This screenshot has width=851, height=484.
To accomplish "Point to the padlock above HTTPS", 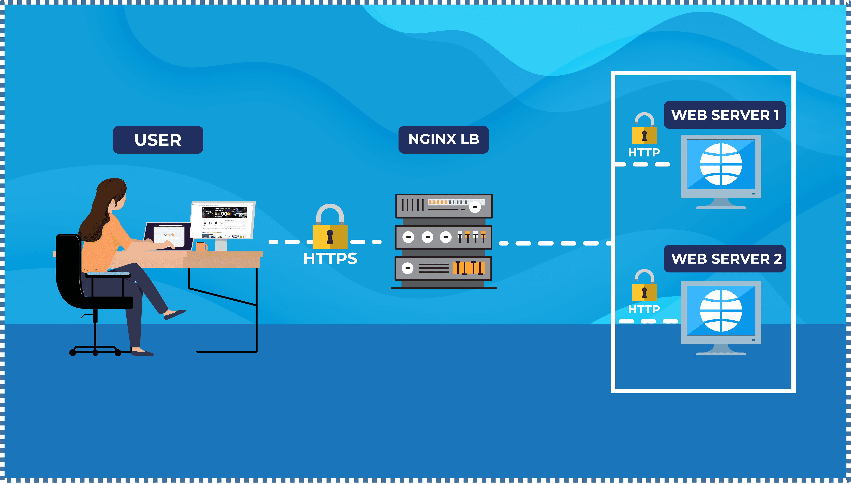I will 330,229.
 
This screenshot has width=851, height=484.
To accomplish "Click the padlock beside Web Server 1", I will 644,130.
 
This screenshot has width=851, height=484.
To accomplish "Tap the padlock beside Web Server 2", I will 644,287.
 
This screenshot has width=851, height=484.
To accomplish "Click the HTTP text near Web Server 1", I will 644,153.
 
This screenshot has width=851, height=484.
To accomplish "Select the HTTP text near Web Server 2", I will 644,310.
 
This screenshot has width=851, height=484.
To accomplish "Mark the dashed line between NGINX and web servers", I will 553,243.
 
